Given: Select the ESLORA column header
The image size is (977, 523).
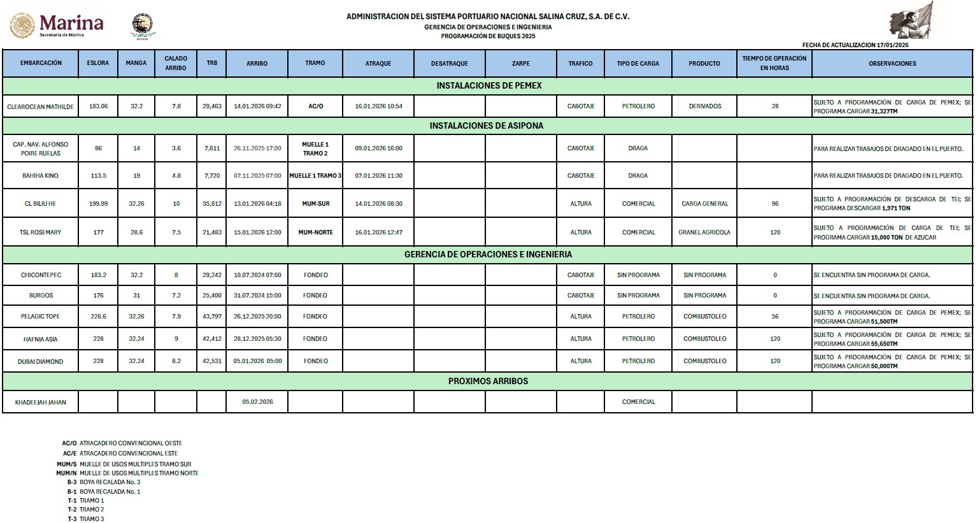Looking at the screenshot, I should (x=98, y=63).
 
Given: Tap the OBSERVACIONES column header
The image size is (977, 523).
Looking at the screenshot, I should (x=892, y=64).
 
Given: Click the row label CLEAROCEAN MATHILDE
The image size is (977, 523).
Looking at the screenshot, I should (x=41, y=106).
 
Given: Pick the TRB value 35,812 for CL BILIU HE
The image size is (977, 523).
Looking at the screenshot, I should (x=212, y=204).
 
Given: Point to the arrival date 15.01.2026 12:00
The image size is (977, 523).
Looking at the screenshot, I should (x=257, y=233).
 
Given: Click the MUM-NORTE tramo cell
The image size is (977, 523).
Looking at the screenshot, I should (x=315, y=233).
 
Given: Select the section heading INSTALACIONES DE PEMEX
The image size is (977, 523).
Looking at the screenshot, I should (x=489, y=85).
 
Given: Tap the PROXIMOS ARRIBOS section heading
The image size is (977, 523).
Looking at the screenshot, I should (x=488, y=381).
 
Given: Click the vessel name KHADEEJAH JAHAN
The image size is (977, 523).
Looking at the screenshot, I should (x=41, y=402).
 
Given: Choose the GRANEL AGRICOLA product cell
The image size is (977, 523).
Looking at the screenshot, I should (x=704, y=233).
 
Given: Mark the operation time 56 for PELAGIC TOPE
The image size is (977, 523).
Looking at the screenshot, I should (x=774, y=317).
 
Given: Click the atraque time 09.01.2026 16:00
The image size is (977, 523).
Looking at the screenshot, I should (x=378, y=148).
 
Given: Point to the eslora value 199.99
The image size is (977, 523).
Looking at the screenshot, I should (x=98, y=204).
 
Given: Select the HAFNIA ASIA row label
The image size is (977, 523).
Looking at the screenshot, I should (x=41, y=339).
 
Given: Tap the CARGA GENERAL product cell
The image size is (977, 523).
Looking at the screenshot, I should (x=704, y=204).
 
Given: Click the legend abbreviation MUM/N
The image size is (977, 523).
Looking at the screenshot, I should (x=66, y=473).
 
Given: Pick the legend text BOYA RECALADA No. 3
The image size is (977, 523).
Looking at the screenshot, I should (x=110, y=482).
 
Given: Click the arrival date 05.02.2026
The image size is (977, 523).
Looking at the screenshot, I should (x=257, y=402).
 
